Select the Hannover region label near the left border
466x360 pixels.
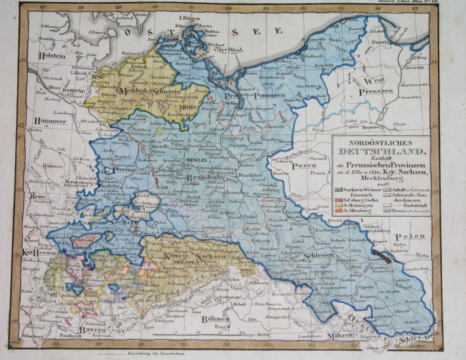50,122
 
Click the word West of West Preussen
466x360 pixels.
372,81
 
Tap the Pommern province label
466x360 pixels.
263,95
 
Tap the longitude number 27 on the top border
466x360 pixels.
43,7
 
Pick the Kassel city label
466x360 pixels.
31,239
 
